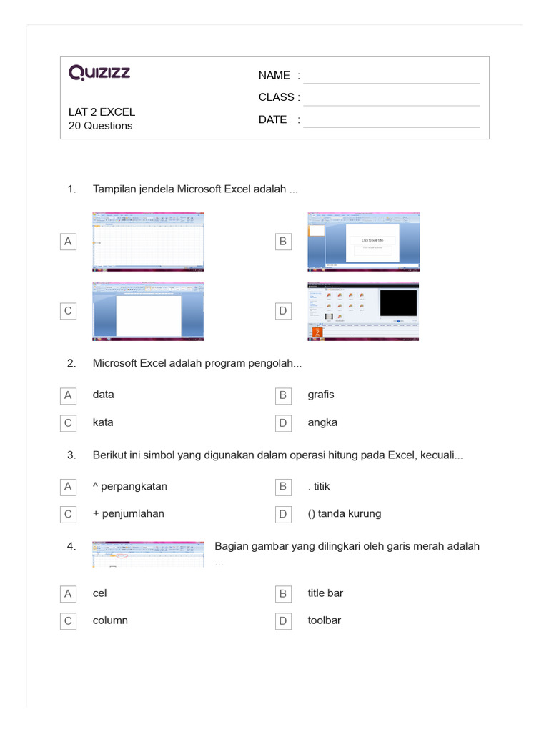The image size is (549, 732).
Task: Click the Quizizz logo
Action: point(99,73)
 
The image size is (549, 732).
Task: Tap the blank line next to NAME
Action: point(391,76)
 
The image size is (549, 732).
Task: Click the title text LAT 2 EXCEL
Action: point(102,112)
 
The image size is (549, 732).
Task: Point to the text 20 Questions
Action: point(100,126)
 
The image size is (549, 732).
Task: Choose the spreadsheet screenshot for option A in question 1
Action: point(149,242)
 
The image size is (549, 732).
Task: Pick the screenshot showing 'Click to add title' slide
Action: point(363,242)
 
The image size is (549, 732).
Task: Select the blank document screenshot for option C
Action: point(149,311)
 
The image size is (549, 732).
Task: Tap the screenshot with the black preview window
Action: point(363,311)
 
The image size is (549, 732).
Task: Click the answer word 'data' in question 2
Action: point(104,395)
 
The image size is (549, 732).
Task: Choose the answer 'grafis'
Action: point(321,395)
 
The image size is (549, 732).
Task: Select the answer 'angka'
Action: point(322,422)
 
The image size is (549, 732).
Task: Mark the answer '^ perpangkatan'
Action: point(130,486)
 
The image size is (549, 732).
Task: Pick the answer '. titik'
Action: point(319,486)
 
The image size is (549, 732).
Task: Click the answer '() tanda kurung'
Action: point(345,513)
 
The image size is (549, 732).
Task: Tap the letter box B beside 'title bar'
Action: point(283,593)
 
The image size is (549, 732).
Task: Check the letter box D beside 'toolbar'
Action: point(283,621)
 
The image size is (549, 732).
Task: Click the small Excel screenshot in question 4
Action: point(149,554)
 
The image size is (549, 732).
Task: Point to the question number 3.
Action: point(71,455)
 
